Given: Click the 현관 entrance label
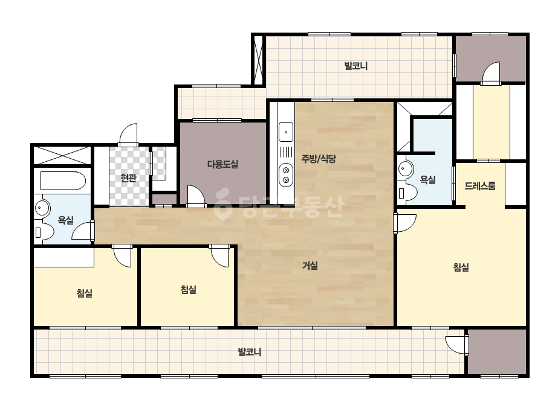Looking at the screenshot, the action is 129,177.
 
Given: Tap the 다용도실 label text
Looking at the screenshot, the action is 222,164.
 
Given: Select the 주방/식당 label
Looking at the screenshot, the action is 319,159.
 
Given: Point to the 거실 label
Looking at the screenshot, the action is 310,265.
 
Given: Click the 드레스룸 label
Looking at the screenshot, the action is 479,185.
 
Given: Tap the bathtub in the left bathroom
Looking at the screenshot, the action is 63,181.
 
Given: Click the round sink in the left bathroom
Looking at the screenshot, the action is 43,208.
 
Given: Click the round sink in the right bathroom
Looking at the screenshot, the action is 405,168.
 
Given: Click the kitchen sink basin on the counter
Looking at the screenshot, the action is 286,132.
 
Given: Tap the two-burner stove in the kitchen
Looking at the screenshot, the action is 286,175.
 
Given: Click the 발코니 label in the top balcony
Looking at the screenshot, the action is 356,66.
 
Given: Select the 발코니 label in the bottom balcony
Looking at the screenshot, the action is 250,352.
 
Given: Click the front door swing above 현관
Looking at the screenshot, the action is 129,135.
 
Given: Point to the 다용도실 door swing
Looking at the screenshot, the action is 196,196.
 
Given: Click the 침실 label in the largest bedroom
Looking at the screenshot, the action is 461,267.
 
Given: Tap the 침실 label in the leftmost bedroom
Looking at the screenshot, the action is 85,293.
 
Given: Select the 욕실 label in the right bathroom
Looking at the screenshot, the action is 428,179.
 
